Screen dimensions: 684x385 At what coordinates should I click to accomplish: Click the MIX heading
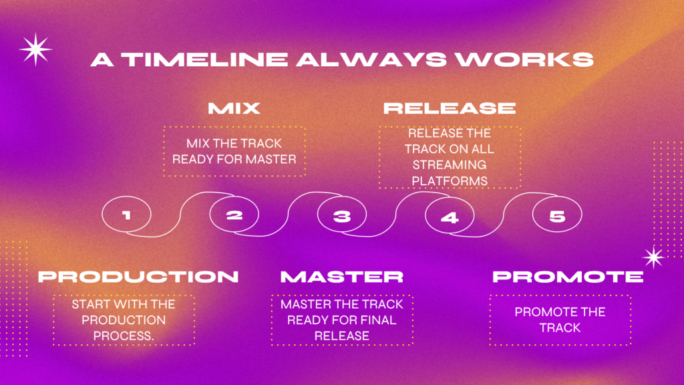234,108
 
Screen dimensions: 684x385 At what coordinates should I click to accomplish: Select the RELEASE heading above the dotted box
450,108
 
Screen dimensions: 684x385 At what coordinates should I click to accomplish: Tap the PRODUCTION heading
138,276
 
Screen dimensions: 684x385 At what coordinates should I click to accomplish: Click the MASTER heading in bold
342,276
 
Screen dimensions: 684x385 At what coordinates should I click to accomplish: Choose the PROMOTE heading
568,276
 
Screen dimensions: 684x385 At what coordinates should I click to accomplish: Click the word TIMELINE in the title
204,59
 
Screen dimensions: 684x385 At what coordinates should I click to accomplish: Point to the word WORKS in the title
524,59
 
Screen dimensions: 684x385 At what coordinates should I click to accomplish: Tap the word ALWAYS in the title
371,59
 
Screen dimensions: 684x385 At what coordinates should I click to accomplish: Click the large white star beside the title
35,49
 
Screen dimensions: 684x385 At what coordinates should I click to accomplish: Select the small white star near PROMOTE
653,257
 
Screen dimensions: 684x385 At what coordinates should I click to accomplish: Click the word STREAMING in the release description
450,165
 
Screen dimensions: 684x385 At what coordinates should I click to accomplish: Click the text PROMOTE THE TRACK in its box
560,320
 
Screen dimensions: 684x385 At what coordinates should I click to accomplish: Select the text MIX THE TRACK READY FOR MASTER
234,152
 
